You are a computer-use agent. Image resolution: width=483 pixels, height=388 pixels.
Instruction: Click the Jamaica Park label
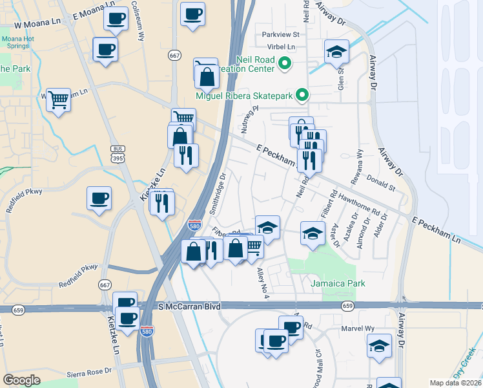coord(338,283)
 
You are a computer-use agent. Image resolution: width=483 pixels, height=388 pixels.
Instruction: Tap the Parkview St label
coord(280,34)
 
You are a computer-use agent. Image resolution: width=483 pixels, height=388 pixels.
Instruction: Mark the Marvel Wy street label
coord(360,328)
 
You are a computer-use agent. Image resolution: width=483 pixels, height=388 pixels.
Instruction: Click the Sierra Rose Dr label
coord(89,374)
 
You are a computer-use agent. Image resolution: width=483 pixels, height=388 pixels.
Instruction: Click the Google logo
coord(21,380)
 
